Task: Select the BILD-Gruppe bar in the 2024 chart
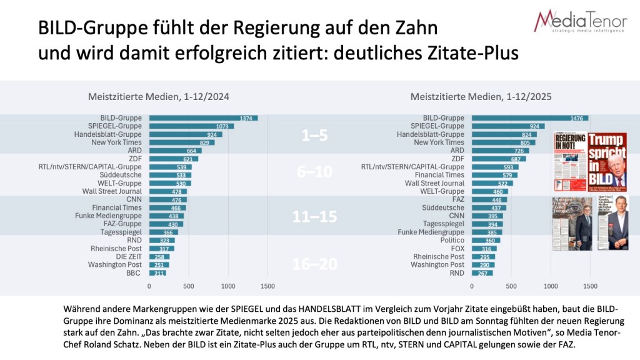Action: coord(203,117)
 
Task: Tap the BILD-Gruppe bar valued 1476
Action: coord(529,117)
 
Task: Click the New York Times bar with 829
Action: coord(181,142)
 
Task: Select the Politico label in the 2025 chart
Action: coord(452,240)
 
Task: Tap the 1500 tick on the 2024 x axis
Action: coord(267,286)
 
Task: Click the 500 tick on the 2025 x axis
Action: coord(511,286)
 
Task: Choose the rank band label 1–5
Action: coord(315,136)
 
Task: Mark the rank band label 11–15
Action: coord(315,217)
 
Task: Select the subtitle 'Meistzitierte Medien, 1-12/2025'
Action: coord(482,97)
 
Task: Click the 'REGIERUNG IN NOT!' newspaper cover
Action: coord(569,161)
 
